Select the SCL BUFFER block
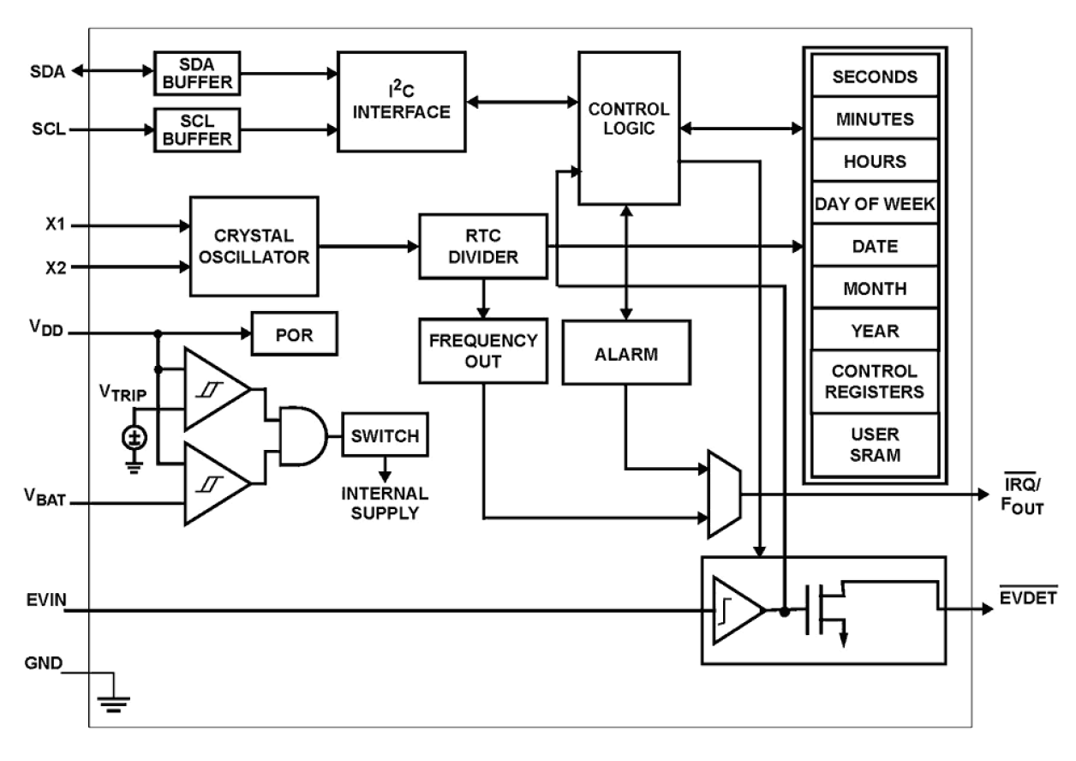(197, 130)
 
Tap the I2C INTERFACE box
(402, 101)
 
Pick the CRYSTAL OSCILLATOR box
(254, 245)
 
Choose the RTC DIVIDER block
(482, 246)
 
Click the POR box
(295, 334)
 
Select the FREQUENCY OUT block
(482, 350)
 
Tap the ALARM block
(626, 352)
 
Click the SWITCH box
(385, 436)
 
